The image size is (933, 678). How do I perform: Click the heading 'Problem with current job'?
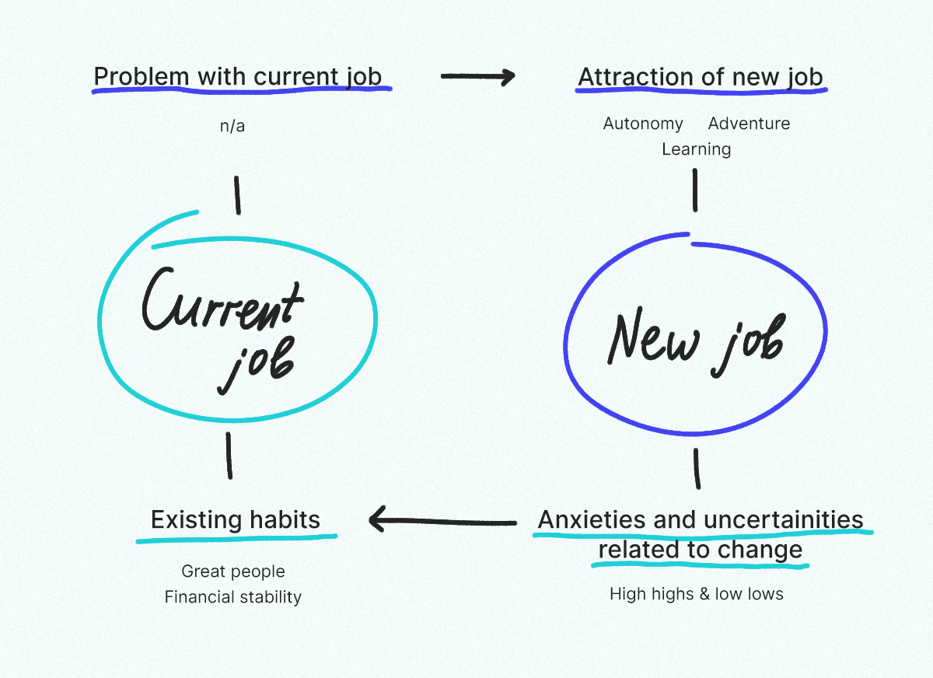tap(238, 77)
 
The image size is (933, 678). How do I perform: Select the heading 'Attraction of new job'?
tap(701, 78)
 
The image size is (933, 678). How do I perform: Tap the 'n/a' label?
tap(232, 126)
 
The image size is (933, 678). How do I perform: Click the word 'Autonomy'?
tap(643, 124)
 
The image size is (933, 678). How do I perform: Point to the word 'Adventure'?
tap(749, 124)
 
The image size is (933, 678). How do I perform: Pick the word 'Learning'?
tap(697, 150)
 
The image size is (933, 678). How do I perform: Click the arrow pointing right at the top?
tap(478, 77)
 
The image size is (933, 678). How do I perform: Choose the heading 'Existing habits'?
tap(236, 519)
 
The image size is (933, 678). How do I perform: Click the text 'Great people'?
tap(233, 571)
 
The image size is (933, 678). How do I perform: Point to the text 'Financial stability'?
tap(233, 597)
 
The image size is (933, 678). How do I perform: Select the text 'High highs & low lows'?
tap(697, 594)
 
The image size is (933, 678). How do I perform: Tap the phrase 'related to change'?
tap(701, 550)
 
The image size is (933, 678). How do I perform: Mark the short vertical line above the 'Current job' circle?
tap(237, 195)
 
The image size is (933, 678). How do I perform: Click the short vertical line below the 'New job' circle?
tap(697, 469)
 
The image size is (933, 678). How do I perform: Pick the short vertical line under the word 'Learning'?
tap(695, 190)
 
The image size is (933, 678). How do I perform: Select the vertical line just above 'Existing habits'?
tap(229, 456)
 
